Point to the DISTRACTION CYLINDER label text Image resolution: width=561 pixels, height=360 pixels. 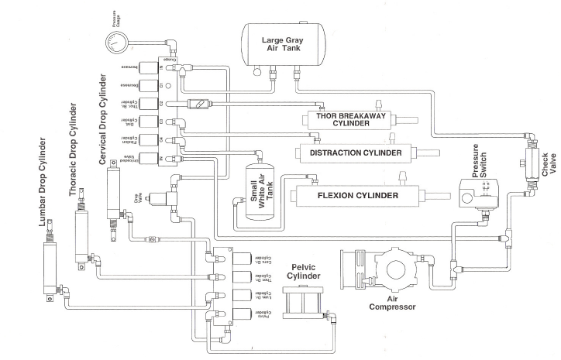click(x=356, y=153)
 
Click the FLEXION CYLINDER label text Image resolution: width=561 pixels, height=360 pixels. click(x=357, y=195)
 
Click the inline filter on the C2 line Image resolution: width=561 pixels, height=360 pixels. click(x=199, y=103)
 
